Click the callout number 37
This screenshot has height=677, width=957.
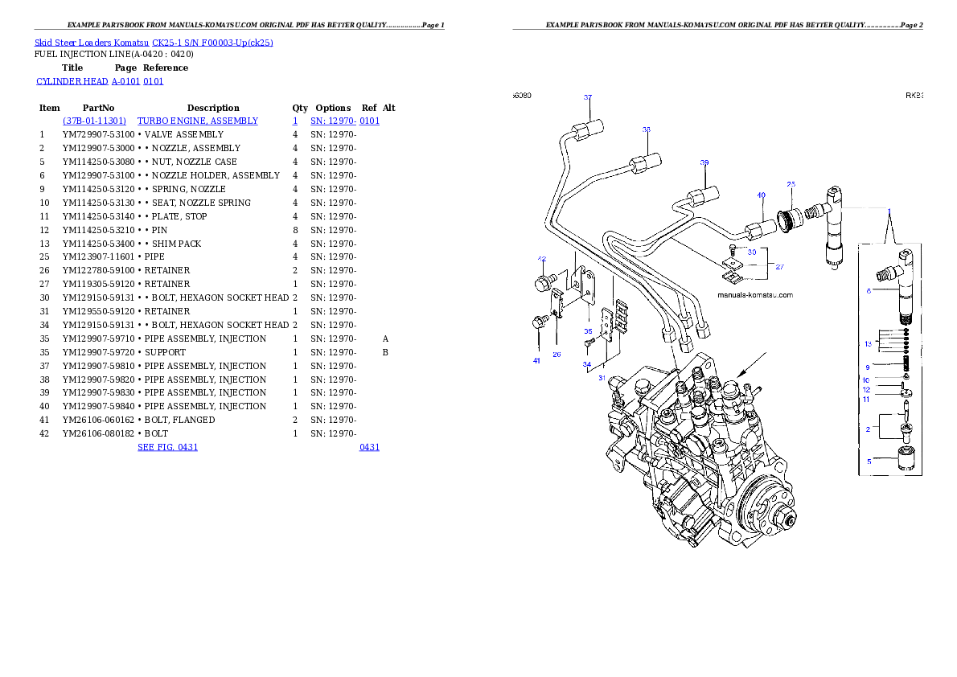(x=588, y=97)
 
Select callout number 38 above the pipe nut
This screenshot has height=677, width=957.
(x=646, y=129)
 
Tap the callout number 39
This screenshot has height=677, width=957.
(x=704, y=162)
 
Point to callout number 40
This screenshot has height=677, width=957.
(x=760, y=195)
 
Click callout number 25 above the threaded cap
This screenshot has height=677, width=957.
(x=791, y=184)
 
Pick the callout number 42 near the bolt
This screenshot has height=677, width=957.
(x=542, y=259)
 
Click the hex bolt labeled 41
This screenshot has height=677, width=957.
(x=538, y=322)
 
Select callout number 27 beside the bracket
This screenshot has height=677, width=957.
(x=778, y=266)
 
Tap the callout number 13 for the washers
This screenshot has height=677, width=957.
(x=868, y=343)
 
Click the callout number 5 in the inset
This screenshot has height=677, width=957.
(x=869, y=462)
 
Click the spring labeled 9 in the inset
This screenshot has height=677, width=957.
(x=906, y=367)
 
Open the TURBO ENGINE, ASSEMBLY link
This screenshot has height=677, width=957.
(x=198, y=121)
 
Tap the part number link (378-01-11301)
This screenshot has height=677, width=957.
(x=94, y=121)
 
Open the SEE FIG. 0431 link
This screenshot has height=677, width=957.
(x=167, y=446)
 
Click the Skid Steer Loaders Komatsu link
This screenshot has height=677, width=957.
(x=154, y=43)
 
